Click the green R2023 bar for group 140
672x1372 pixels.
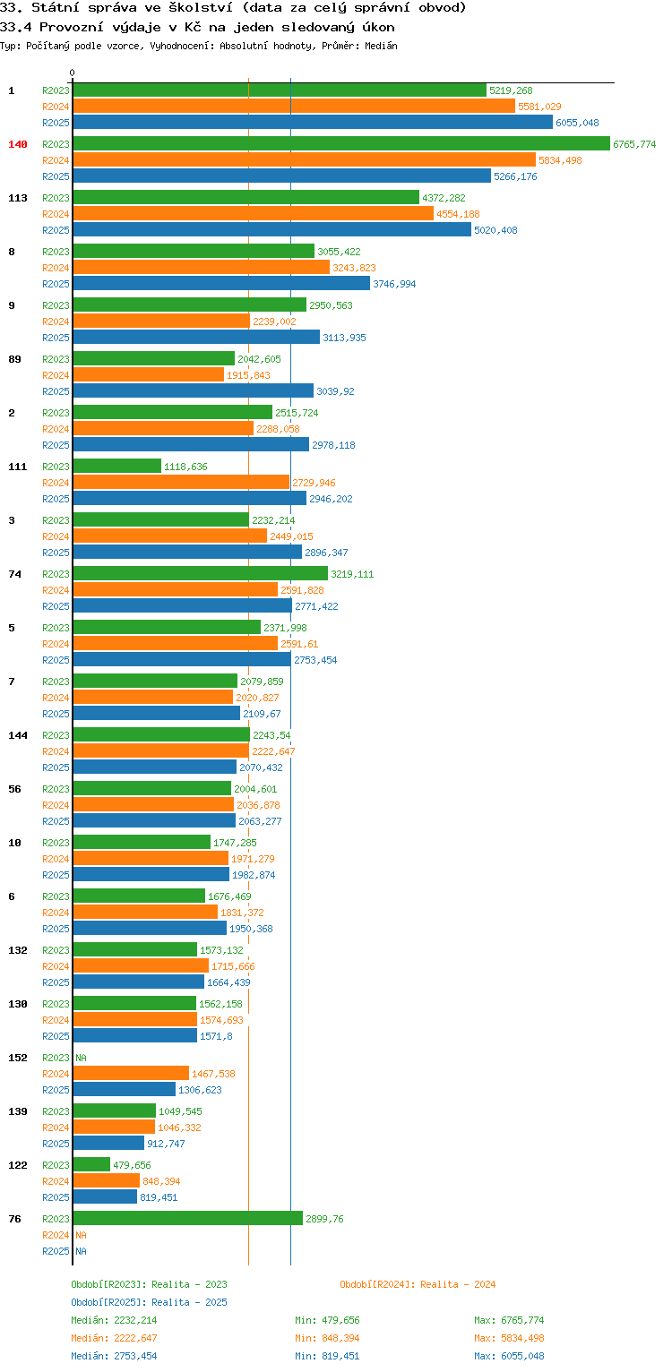(x=341, y=144)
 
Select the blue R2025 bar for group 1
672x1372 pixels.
(x=313, y=123)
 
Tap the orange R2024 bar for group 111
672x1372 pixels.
(x=181, y=483)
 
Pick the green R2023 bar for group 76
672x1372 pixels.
(x=187, y=1219)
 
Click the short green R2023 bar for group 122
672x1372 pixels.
(x=91, y=1165)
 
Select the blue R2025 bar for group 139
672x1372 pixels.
(x=108, y=1144)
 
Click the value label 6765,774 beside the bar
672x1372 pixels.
(x=634, y=144)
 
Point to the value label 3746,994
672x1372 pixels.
(x=394, y=284)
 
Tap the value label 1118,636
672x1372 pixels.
(x=185, y=467)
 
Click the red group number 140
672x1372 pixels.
(x=18, y=144)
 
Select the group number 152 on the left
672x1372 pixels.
(x=18, y=1058)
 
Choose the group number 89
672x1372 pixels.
(x=14, y=359)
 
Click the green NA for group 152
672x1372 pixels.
(x=81, y=1058)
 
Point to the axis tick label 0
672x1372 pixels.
(x=73, y=73)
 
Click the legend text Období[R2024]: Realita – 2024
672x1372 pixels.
(x=418, y=1284)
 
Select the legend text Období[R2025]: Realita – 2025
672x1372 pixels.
(x=149, y=1302)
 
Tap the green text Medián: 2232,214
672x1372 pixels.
(x=114, y=1320)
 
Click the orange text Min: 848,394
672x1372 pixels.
(x=327, y=1338)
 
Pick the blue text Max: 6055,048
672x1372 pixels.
(x=509, y=1356)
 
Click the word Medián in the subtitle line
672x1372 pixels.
(x=381, y=46)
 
